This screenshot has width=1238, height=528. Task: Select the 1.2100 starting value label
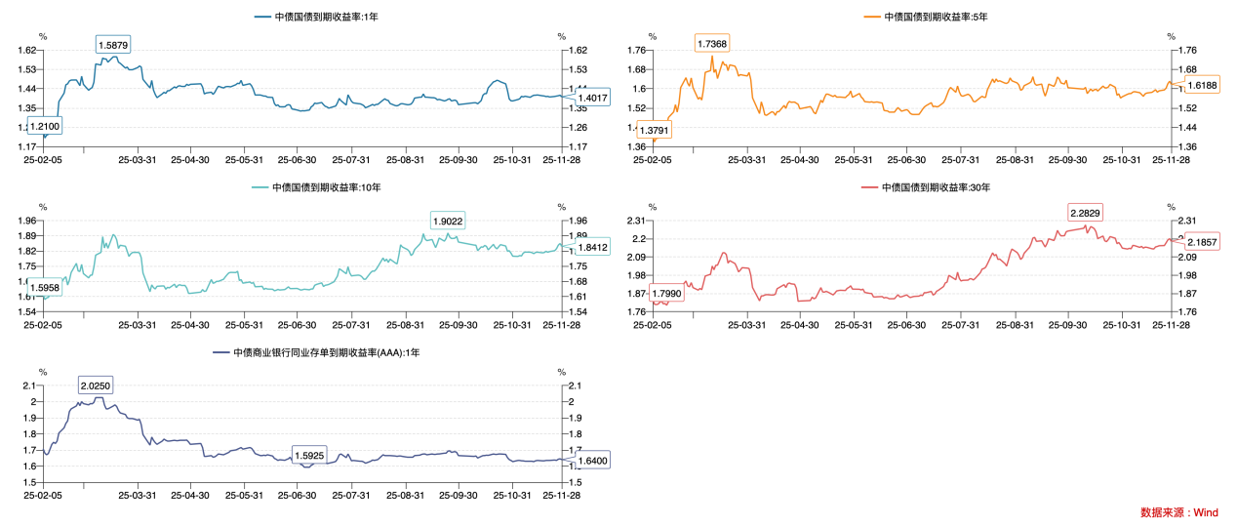(45, 126)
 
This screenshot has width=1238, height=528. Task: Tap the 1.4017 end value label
(592, 98)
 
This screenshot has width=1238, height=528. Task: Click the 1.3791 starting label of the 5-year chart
(655, 129)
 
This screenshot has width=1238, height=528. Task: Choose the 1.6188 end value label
(1202, 85)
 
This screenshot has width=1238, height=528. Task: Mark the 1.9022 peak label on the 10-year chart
(448, 220)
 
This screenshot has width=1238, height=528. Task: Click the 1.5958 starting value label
(45, 288)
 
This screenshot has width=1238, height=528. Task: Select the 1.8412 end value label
(592, 248)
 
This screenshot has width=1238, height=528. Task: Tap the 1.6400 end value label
(592, 461)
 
